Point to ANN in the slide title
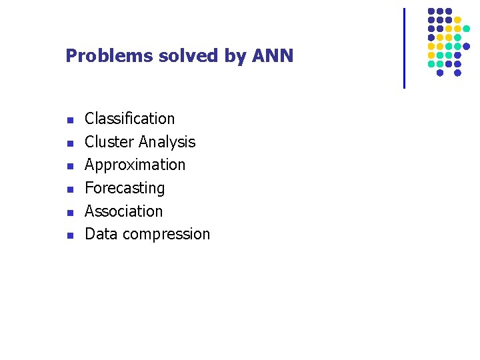click(273, 56)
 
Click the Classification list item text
click(130, 119)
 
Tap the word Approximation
click(135, 165)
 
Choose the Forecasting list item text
click(125, 188)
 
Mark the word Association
click(124, 211)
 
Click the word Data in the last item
click(99, 234)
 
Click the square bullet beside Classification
click(69, 121)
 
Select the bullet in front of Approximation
click(69, 167)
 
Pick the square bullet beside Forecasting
click(69, 190)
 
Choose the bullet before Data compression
click(69, 236)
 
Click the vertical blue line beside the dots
click(404, 48)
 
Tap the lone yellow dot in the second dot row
click(457, 20)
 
